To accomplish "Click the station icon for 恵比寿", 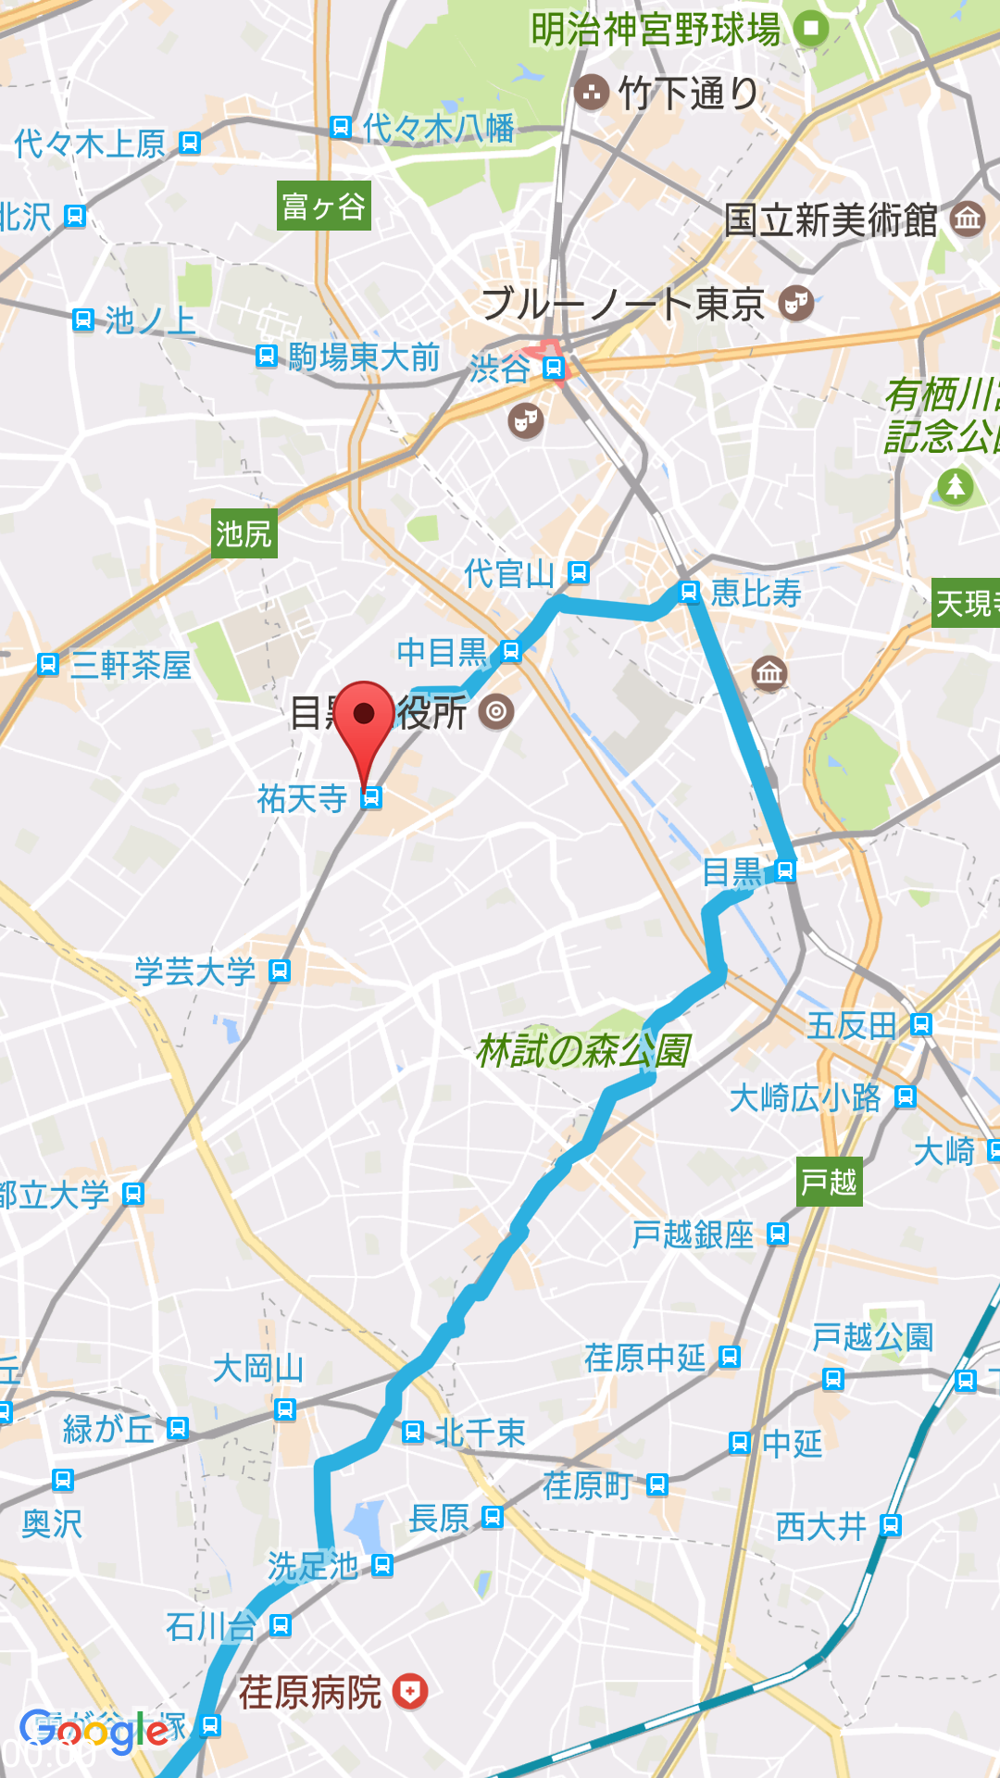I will [x=689, y=592].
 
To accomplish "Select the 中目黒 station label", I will [x=442, y=652].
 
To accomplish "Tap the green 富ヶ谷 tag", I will [x=324, y=206].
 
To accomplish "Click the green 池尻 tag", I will [x=244, y=533].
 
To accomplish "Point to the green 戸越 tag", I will [x=829, y=1182].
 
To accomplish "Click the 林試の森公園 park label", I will [x=583, y=1050].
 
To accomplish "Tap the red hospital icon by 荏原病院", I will [x=409, y=1691].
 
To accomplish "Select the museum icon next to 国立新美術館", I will [x=968, y=219].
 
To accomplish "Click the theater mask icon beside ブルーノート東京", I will [x=795, y=303].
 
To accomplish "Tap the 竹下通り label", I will [x=687, y=93].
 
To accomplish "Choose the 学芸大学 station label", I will [x=194, y=971].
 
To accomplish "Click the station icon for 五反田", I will [x=920, y=1024].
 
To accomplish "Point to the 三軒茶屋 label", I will [x=131, y=665].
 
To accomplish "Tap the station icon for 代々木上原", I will [x=190, y=143].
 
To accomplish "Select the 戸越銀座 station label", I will [x=693, y=1234].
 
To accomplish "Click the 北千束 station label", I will [x=480, y=1433].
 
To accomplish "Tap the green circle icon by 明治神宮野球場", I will [x=811, y=28].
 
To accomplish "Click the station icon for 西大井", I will [x=890, y=1524].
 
